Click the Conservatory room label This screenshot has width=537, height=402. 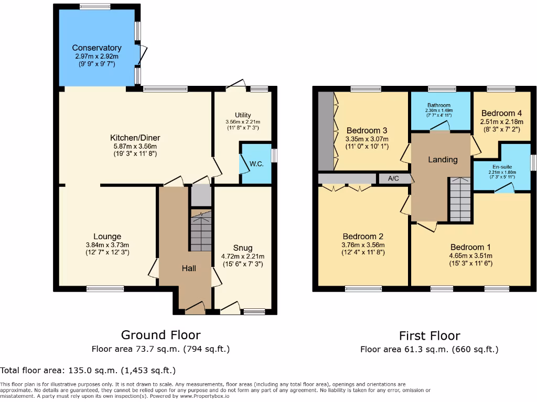(96, 48)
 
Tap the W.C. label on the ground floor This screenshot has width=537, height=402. (256, 164)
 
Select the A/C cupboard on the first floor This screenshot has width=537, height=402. (393, 178)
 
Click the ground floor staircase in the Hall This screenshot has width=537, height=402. (200, 231)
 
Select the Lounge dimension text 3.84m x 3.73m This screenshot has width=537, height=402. (107, 245)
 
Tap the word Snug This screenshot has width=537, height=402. (243, 248)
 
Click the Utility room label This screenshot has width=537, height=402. (243, 115)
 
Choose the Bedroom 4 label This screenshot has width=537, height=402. (501, 113)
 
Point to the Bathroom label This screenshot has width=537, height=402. (438, 105)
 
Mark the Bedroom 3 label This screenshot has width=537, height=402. (367, 130)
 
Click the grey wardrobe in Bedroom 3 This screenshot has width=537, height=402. (326, 131)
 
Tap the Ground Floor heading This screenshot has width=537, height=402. (160, 335)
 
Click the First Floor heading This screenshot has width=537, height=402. (429, 336)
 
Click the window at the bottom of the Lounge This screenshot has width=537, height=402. (105, 288)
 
